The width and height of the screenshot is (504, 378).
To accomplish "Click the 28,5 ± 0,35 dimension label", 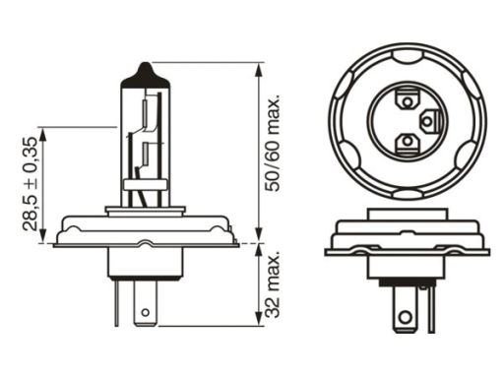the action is [31, 184].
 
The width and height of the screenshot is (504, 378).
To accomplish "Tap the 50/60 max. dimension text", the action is [273, 144].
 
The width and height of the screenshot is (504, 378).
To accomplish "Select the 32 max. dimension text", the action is [273, 284].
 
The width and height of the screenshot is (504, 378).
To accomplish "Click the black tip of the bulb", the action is [146, 76].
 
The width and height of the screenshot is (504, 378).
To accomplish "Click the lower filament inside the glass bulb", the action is [145, 155].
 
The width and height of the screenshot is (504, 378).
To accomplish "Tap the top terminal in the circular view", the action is [408, 101].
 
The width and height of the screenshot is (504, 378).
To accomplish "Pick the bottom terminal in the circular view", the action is [408, 144].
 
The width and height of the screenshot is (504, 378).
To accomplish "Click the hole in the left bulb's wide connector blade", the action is [145, 312].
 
